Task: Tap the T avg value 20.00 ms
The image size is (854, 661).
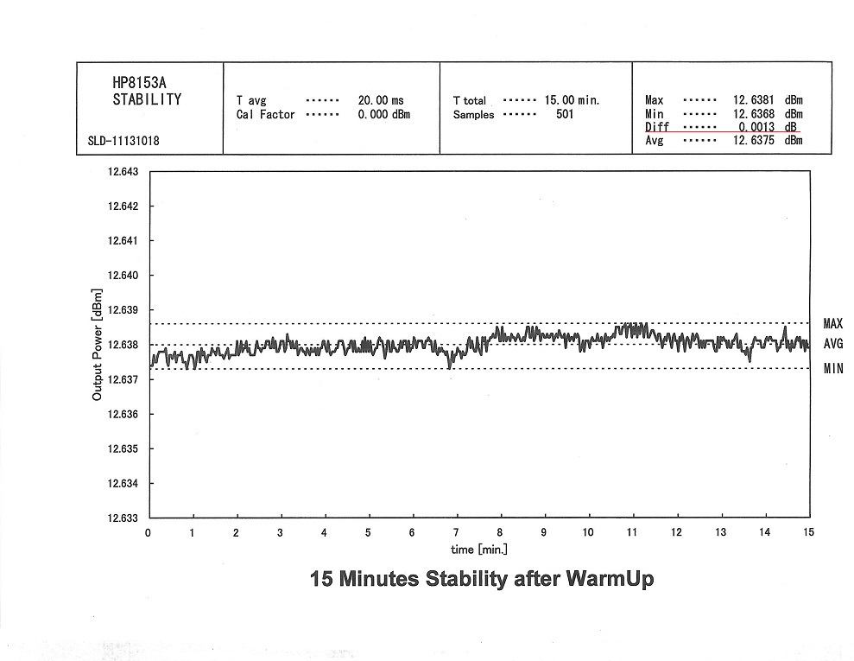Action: pyautogui.click(x=381, y=101)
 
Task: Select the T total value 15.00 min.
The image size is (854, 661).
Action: pyautogui.click(x=572, y=101)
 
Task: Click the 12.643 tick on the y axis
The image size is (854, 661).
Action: pyautogui.click(x=123, y=172)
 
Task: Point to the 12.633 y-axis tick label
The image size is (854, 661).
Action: pyautogui.click(x=123, y=518)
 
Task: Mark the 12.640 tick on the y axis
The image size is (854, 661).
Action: pyautogui.click(x=123, y=276)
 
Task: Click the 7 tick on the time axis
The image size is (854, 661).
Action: pyautogui.click(x=456, y=532)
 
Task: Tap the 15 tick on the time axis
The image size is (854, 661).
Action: pyautogui.click(x=807, y=532)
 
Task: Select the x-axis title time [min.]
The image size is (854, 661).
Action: pyautogui.click(x=479, y=550)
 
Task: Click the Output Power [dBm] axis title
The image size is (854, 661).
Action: pyautogui.click(x=98, y=345)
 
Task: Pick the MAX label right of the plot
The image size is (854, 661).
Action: pyautogui.click(x=832, y=324)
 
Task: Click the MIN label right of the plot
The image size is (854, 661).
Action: pyautogui.click(x=832, y=369)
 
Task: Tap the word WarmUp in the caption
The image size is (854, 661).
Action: pyautogui.click(x=610, y=579)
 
